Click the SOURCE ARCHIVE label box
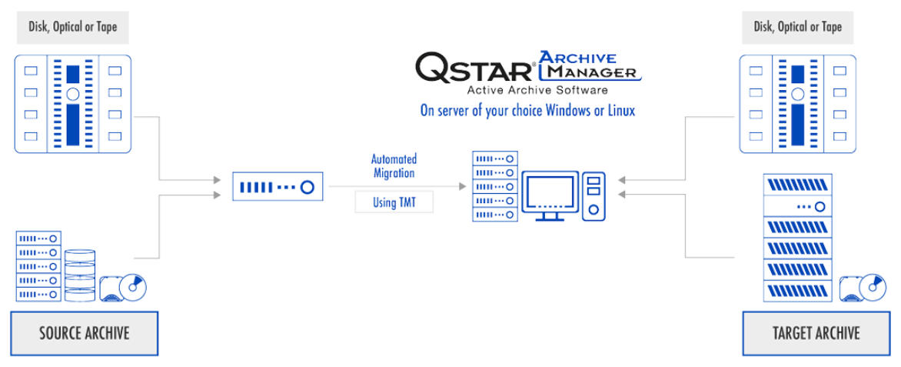pyautogui.click(x=85, y=333)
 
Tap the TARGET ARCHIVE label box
pyautogui.click(x=816, y=333)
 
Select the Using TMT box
pyautogui.click(x=394, y=202)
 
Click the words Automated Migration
pyautogui.click(x=394, y=165)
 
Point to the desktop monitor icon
pyautogui.click(x=550, y=195)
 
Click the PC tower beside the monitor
pyautogui.click(x=593, y=196)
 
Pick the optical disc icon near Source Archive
pyautogui.click(x=123, y=288)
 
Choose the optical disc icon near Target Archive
pyautogui.click(x=863, y=288)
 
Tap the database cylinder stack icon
pyautogui.click(x=80, y=275)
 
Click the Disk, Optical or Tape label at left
pyautogui.click(x=73, y=27)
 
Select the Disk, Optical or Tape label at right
pyautogui.click(x=797, y=27)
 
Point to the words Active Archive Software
pyautogui.click(x=537, y=90)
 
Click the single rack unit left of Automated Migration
pyautogui.click(x=278, y=186)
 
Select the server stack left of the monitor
pyautogui.click(x=495, y=185)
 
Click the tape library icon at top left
pyautogui.click(x=73, y=104)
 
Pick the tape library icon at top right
pyautogui.click(x=797, y=104)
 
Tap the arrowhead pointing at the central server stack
pyautogui.click(x=463, y=186)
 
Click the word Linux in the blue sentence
pyautogui.click(x=622, y=110)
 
